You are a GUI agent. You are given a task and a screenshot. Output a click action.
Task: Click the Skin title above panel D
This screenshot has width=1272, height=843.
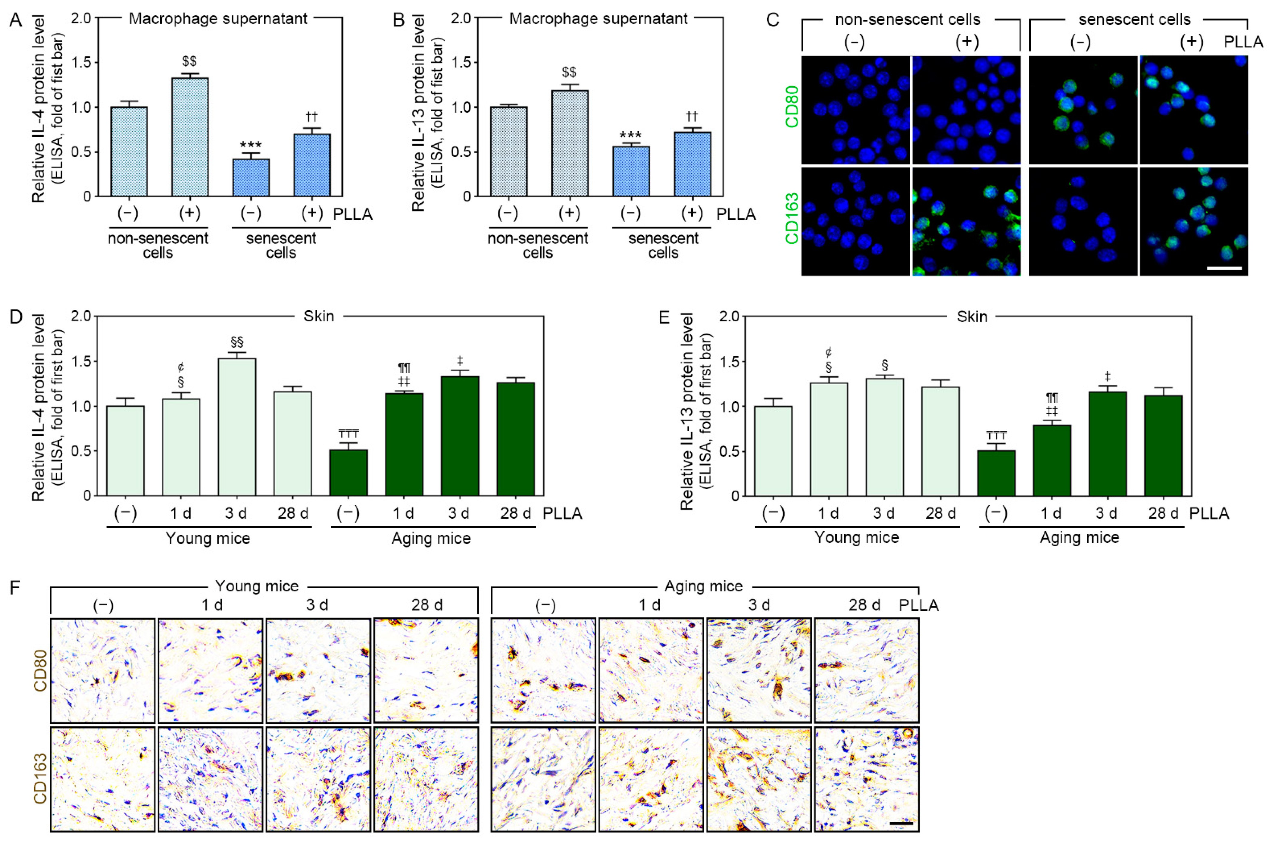click(318, 316)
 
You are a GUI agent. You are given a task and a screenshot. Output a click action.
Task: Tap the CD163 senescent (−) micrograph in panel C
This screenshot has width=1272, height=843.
click(1083, 221)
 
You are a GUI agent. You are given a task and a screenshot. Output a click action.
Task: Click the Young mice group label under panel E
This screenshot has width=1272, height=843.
click(856, 538)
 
